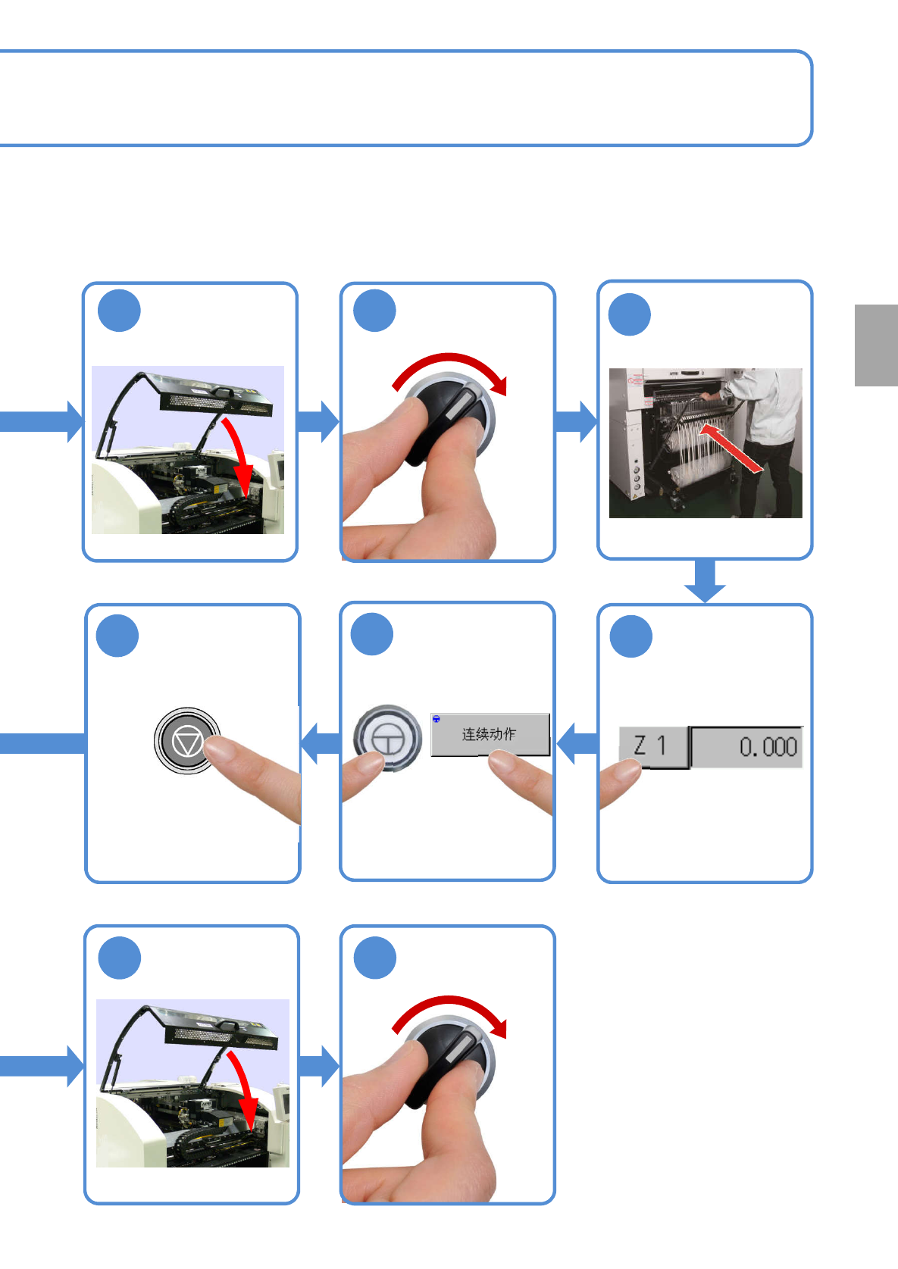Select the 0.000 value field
pos(747,747)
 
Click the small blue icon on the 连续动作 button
pos(436,719)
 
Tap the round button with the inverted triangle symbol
pos(186,741)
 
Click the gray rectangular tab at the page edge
pos(876,345)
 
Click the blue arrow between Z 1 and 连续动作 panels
pos(577,743)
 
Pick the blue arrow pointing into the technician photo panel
pos(577,422)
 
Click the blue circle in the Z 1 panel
pos(630,636)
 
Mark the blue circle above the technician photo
pos(630,314)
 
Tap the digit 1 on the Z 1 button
pos(662,746)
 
